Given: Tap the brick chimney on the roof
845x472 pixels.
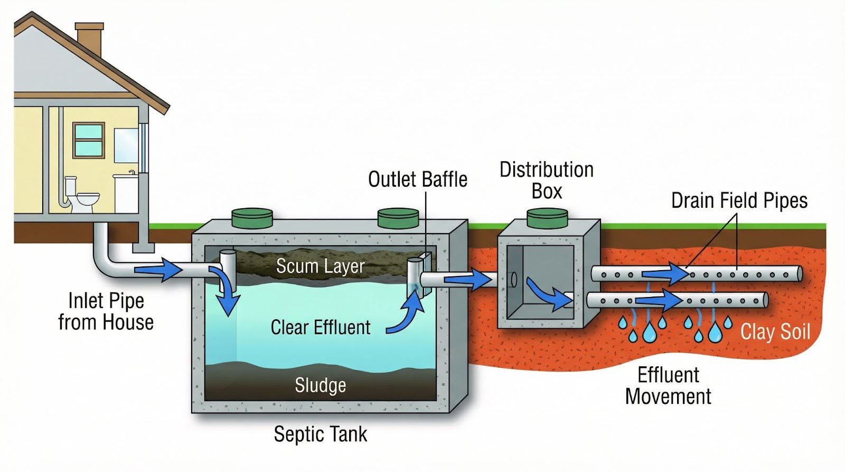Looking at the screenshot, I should point(89,40).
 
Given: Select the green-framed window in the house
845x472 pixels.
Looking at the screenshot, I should point(88,140).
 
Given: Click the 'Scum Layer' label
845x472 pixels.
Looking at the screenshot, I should point(320,266).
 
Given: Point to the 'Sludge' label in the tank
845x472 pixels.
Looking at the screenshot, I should point(320,385).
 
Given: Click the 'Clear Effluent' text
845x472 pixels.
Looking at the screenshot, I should point(320,327).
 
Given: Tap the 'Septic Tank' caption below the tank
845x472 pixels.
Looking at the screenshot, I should point(320,434).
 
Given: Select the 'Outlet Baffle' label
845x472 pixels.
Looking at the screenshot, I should point(417,180).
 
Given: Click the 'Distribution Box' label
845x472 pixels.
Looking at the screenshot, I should point(547,180).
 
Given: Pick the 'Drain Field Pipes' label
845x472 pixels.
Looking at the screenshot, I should point(739,201).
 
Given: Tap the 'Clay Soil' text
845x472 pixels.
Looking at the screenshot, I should point(775,332).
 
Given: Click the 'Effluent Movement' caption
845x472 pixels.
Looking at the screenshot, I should point(668,386).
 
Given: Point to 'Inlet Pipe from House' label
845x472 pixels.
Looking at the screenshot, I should point(106,311).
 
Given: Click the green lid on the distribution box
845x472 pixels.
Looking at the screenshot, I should point(547,218).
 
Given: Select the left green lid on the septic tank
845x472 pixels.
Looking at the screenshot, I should point(252,218).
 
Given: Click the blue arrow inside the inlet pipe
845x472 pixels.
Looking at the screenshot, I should point(158,270).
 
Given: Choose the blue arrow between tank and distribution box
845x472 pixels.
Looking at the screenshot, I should point(467,280).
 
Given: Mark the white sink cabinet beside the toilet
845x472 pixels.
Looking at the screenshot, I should point(126,193).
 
